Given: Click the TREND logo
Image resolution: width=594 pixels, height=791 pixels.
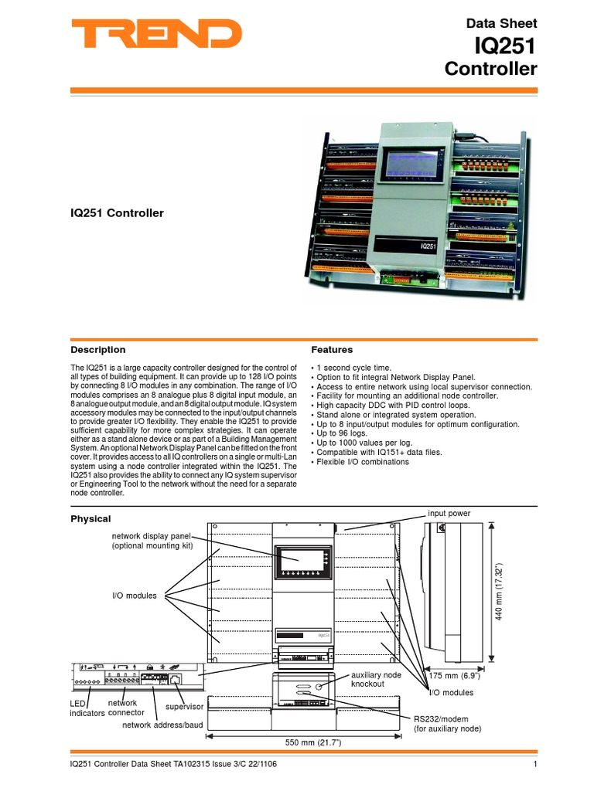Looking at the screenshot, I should [x=156, y=35].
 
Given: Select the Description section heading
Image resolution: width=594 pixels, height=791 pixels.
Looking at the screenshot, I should [x=98, y=350].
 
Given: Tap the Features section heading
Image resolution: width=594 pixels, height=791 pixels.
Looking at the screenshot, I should [x=331, y=350].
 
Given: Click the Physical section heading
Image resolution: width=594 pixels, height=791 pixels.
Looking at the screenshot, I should [x=90, y=518].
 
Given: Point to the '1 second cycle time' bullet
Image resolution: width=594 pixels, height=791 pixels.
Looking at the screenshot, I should [x=353, y=368].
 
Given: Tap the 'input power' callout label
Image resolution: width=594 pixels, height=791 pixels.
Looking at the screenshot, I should [x=449, y=513].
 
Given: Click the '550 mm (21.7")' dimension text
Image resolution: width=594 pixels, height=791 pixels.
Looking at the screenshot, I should [x=314, y=742].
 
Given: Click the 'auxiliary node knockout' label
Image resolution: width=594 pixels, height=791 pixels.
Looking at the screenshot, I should [x=377, y=680].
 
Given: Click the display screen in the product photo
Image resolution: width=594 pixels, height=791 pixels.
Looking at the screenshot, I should [x=411, y=168].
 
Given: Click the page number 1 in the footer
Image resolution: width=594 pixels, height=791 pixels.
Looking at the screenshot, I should [x=534, y=765].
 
